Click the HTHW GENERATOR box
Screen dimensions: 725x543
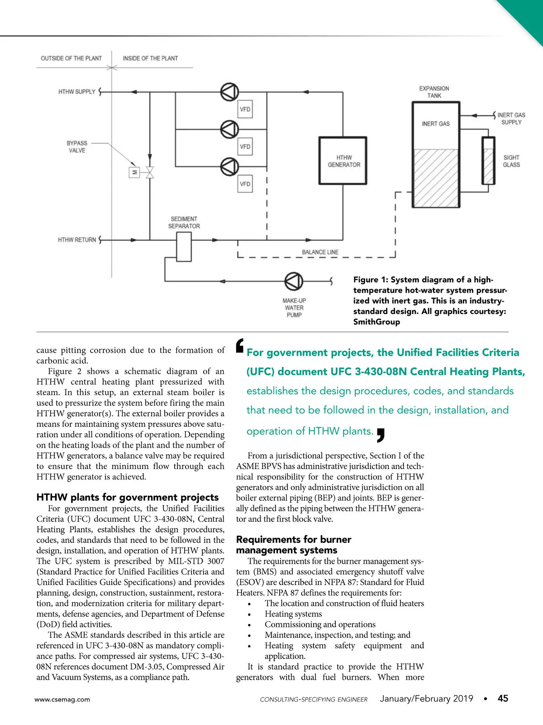pyautogui.click(x=343, y=161)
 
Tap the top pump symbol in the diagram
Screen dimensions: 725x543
pyautogui.click(x=229, y=92)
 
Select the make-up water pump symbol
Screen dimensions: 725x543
pyautogui.click(x=294, y=281)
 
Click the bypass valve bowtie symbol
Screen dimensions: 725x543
pyautogui.click(x=149, y=172)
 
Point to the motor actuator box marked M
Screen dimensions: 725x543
pyautogui.click(x=134, y=172)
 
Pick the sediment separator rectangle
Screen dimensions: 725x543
pyautogui.click(x=184, y=246)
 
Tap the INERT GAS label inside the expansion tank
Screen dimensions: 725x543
pyautogui.click(x=435, y=124)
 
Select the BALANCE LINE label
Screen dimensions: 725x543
pyautogui.click(x=320, y=252)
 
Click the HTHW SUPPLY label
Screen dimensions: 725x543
pyautogui.click(x=76, y=92)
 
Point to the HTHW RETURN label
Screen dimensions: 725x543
pyautogui.click(x=76, y=240)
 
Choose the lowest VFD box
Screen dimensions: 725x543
pyautogui.click(x=245, y=184)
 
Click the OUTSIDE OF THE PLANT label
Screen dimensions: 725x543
pyautogui.click(x=71, y=58)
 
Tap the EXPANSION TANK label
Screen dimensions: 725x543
pyautogui.click(x=434, y=92)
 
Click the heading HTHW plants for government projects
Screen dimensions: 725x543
pyautogui.click(x=127, y=497)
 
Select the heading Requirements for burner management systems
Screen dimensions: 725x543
pyautogui.click(x=293, y=545)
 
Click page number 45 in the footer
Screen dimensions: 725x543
pyautogui.click(x=503, y=698)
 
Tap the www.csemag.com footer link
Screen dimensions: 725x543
pyautogui.click(x=62, y=699)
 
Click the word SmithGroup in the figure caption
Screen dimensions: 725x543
pyautogui.click(x=376, y=322)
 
